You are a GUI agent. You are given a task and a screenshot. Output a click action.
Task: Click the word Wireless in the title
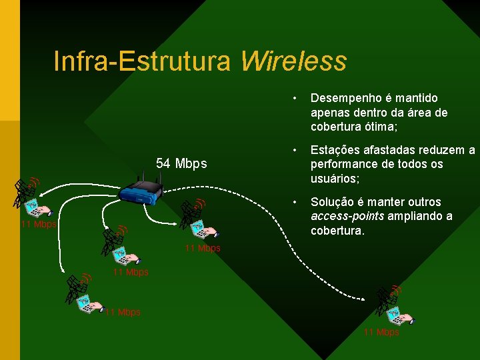pos(293,61)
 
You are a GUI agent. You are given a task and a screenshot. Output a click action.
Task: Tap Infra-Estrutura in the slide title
pos(142,61)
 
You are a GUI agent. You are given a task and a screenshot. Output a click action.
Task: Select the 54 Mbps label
pos(181,163)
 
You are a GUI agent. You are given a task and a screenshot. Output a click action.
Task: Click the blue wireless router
pos(142,191)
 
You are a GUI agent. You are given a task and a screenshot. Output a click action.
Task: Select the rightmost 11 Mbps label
pos(381,332)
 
